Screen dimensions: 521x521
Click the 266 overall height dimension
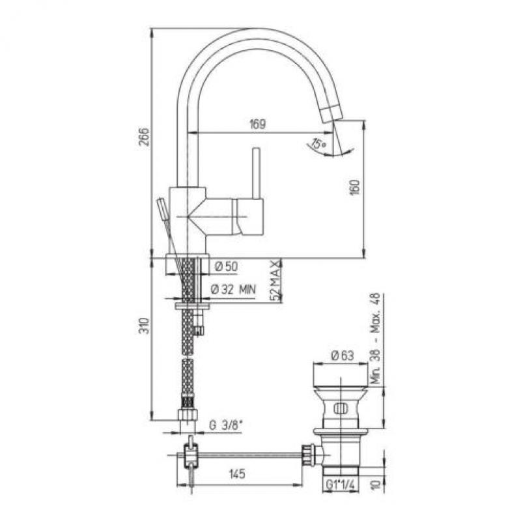click(x=144, y=136)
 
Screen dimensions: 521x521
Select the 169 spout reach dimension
click(x=257, y=124)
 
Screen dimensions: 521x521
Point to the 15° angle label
click(x=318, y=144)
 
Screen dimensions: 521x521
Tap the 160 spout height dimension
click(x=356, y=188)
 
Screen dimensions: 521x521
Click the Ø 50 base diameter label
click(x=226, y=266)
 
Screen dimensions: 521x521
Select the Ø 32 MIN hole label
click(x=234, y=290)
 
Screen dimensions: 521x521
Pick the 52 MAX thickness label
click(x=275, y=281)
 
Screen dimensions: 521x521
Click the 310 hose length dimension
click(x=144, y=326)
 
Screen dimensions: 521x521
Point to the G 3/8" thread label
click(x=226, y=425)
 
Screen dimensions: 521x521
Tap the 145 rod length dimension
click(x=237, y=474)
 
